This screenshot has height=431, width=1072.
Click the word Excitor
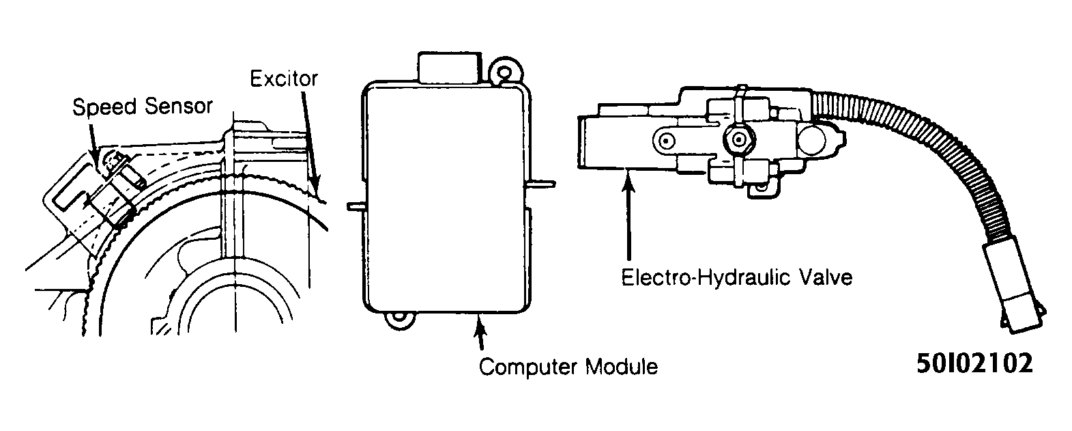284,79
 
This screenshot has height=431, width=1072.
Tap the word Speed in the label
105,107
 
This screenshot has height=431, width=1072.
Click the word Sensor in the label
179,106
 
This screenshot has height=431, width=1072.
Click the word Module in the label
622,366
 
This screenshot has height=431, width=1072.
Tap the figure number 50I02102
975,363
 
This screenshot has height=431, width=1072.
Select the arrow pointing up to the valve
628,215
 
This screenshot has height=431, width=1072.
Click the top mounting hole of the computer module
504,72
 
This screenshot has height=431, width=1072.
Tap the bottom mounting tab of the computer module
399,320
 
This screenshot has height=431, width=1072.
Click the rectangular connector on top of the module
449,67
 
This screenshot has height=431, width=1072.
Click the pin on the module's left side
356,206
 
